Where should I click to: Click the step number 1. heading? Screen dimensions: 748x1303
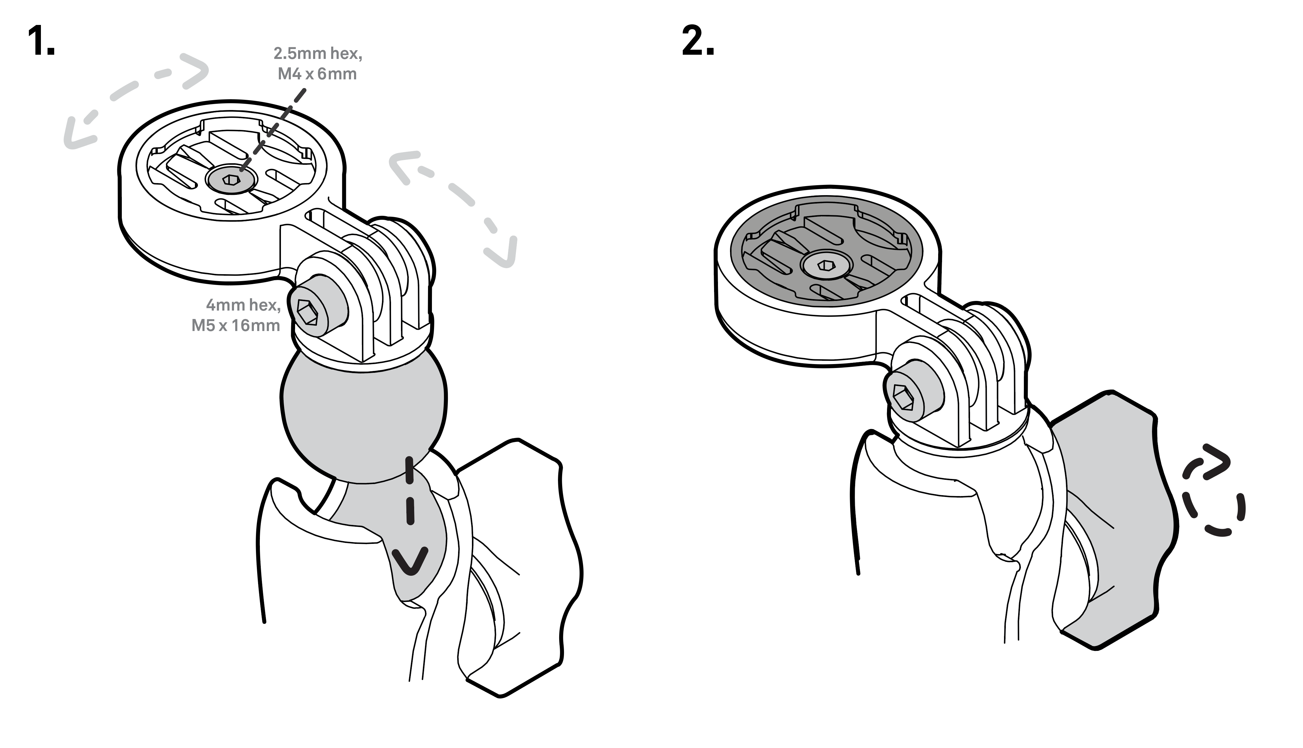point(41,41)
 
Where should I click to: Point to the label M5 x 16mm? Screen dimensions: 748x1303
point(236,325)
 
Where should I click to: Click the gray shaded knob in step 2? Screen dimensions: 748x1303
point(1110,519)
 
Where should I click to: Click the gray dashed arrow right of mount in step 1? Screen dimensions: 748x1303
point(457,206)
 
